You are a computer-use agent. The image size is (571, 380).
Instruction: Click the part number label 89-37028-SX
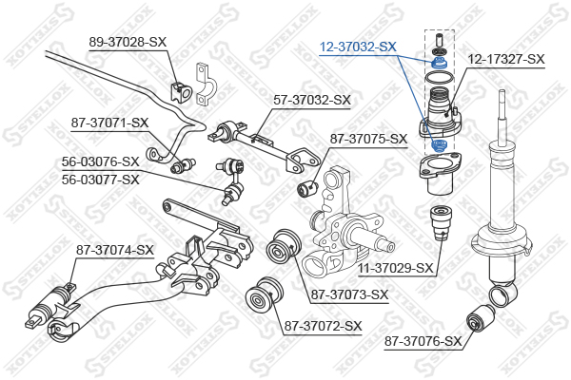[128, 42]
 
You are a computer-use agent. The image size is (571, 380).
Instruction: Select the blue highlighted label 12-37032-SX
[358, 47]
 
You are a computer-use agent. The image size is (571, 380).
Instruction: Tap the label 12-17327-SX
[506, 59]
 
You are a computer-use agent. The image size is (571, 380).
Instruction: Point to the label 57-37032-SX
[312, 100]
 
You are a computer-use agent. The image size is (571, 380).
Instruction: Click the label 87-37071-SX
[110, 123]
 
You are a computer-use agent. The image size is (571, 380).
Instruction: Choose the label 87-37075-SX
[368, 139]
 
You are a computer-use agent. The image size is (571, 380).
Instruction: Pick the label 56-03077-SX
[101, 180]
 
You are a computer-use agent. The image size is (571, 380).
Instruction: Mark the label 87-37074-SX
[115, 250]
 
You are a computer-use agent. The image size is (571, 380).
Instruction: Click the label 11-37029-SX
[396, 269]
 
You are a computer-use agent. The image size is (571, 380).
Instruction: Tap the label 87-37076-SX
[423, 341]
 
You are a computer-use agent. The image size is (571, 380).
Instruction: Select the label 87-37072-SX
[323, 326]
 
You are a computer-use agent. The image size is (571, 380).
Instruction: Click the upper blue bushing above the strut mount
[439, 63]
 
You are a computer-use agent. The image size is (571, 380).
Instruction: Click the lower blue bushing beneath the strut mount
[439, 145]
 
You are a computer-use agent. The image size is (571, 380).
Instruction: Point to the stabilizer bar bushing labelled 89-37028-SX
[181, 92]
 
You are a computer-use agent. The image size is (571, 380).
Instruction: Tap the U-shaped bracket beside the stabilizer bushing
[206, 85]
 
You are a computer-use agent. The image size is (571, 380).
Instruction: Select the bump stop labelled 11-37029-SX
[441, 223]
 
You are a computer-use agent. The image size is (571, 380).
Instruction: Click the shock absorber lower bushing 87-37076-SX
[481, 319]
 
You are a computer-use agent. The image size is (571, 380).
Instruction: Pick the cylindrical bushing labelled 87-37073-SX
[283, 247]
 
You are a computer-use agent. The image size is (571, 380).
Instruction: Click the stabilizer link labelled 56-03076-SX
[232, 180]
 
